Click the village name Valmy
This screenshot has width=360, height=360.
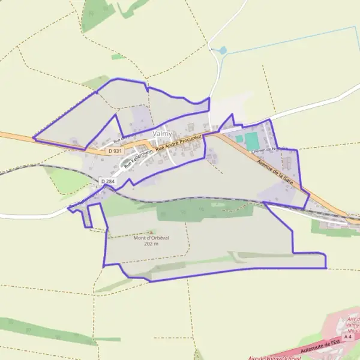point(162,133)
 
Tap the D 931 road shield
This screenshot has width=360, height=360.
point(116,151)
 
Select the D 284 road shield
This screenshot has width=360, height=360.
point(107,181)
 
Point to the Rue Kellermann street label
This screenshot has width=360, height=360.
point(139,157)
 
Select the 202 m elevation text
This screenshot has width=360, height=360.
point(151,244)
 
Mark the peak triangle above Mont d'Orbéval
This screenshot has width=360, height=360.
point(151,232)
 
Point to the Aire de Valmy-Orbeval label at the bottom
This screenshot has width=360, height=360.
point(274,357)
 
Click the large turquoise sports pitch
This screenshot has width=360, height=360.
point(251,140)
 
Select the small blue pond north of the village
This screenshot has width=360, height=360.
point(223,51)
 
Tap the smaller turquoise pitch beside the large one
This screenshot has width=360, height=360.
point(239,139)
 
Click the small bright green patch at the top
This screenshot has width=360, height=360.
point(118,57)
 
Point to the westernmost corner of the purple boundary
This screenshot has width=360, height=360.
point(33,139)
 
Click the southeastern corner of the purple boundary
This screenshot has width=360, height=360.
point(326,268)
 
